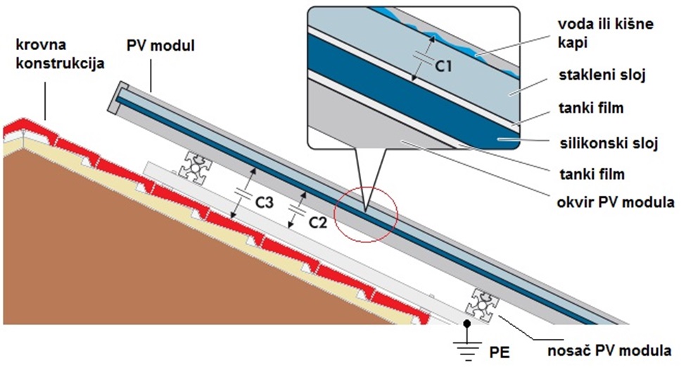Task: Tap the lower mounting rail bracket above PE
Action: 484,304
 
